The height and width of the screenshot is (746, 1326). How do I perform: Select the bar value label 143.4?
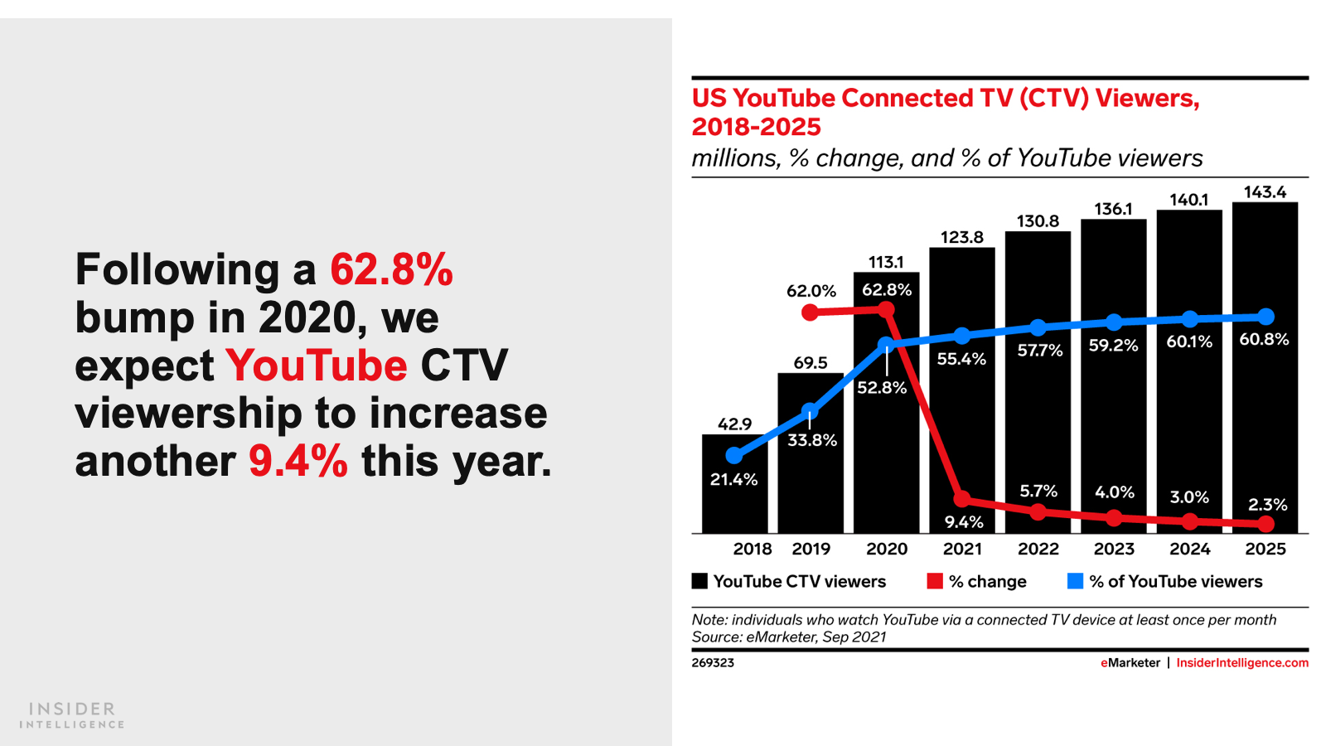click(1265, 192)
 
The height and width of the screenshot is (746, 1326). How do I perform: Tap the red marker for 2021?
click(962, 499)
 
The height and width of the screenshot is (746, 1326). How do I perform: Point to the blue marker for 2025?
click(1266, 317)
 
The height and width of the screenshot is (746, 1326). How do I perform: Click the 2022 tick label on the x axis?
click(1038, 549)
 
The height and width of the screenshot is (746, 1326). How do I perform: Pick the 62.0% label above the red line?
click(811, 291)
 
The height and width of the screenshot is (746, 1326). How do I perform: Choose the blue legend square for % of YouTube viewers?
click(1076, 581)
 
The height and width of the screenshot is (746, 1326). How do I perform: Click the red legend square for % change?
click(935, 581)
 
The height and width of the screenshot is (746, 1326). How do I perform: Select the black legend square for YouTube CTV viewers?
click(700, 581)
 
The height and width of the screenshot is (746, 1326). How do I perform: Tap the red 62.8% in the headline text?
click(391, 270)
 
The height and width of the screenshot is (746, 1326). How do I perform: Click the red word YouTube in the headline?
click(317, 366)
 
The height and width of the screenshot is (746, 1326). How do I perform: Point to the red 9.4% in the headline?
click(298, 462)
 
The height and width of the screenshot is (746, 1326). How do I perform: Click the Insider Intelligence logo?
click(72, 715)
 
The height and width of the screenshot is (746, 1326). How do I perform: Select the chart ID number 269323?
click(713, 663)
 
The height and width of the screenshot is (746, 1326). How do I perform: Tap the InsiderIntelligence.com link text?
click(1242, 663)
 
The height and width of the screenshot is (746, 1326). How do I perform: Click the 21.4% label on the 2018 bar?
click(733, 479)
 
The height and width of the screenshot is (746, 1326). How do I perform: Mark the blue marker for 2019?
click(811, 410)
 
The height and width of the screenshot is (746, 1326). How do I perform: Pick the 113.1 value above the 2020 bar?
click(886, 262)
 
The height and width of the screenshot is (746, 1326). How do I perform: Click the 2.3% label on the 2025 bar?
click(1267, 505)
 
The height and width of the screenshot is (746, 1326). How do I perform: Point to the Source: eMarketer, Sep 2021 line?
click(789, 637)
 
